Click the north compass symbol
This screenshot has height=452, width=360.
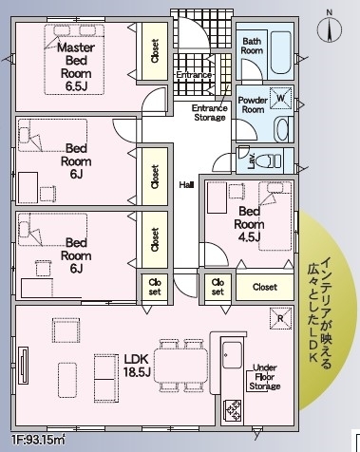(x=330, y=28)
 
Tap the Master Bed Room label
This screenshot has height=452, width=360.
(x=76, y=66)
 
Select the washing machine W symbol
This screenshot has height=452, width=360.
(x=281, y=98)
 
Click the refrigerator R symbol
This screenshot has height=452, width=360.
(x=280, y=319)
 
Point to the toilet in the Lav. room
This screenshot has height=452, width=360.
(x=268, y=160)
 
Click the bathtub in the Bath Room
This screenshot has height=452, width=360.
(x=281, y=53)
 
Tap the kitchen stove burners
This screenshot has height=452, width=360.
(x=233, y=411)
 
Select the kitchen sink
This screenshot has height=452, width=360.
(x=232, y=355)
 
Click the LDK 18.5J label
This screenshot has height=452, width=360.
(x=137, y=366)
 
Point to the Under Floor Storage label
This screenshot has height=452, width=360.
(x=265, y=377)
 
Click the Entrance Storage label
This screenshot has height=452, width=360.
(x=210, y=113)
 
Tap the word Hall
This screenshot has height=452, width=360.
(x=186, y=185)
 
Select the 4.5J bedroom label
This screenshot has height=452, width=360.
(x=249, y=224)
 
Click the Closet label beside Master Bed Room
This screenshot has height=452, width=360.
(x=155, y=51)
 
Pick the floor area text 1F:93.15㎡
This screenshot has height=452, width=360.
(x=38, y=440)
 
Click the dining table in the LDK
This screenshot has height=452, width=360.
(x=180, y=366)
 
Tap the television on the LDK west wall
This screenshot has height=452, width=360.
(x=23, y=366)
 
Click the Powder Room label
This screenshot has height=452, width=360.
(x=253, y=105)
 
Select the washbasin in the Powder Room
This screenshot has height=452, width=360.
(x=281, y=130)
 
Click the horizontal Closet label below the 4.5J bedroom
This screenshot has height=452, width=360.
(x=265, y=287)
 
